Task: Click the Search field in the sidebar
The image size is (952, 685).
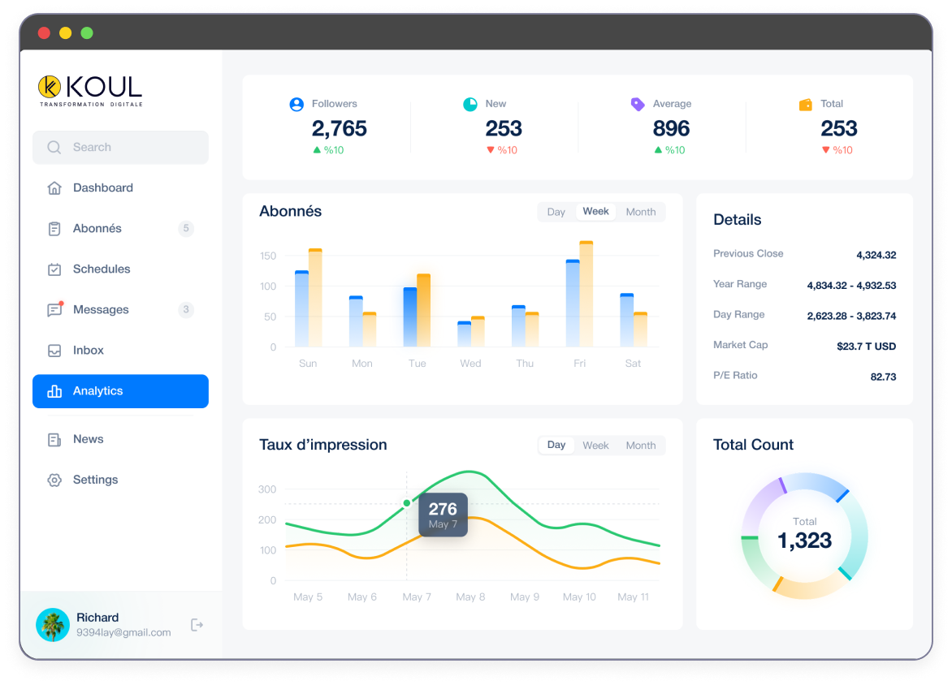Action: tap(120, 148)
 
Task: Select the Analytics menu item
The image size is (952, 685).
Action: tap(120, 391)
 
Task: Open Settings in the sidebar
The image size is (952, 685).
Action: tap(95, 480)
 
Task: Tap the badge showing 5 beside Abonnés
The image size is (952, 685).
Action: tap(186, 229)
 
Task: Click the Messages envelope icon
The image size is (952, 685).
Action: tap(54, 310)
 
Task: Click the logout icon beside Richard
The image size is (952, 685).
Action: tap(197, 625)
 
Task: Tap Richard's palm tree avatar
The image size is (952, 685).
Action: tap(53, 625)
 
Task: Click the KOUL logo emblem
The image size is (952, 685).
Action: tap(50, 86)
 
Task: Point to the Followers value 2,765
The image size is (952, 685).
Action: tap(339, 128)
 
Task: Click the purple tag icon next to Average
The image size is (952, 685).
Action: tap(638, 104)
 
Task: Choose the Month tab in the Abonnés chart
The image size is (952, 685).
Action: tap(640, 212)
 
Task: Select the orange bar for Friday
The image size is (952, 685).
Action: tap(586, 294)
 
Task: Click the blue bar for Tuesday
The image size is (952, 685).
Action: tap(409, 317)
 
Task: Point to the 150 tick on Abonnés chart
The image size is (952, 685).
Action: tap(268, 256)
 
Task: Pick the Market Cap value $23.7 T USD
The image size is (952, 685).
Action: tap(866, 347)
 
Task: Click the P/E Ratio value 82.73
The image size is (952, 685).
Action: tap(883, 377)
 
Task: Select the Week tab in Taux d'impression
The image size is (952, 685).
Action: tap(595, 446)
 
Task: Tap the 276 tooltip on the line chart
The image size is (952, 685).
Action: tap(443, 515)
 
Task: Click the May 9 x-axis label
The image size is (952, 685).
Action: tap(525, 597)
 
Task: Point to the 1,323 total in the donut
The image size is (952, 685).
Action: tap(804, 540)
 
